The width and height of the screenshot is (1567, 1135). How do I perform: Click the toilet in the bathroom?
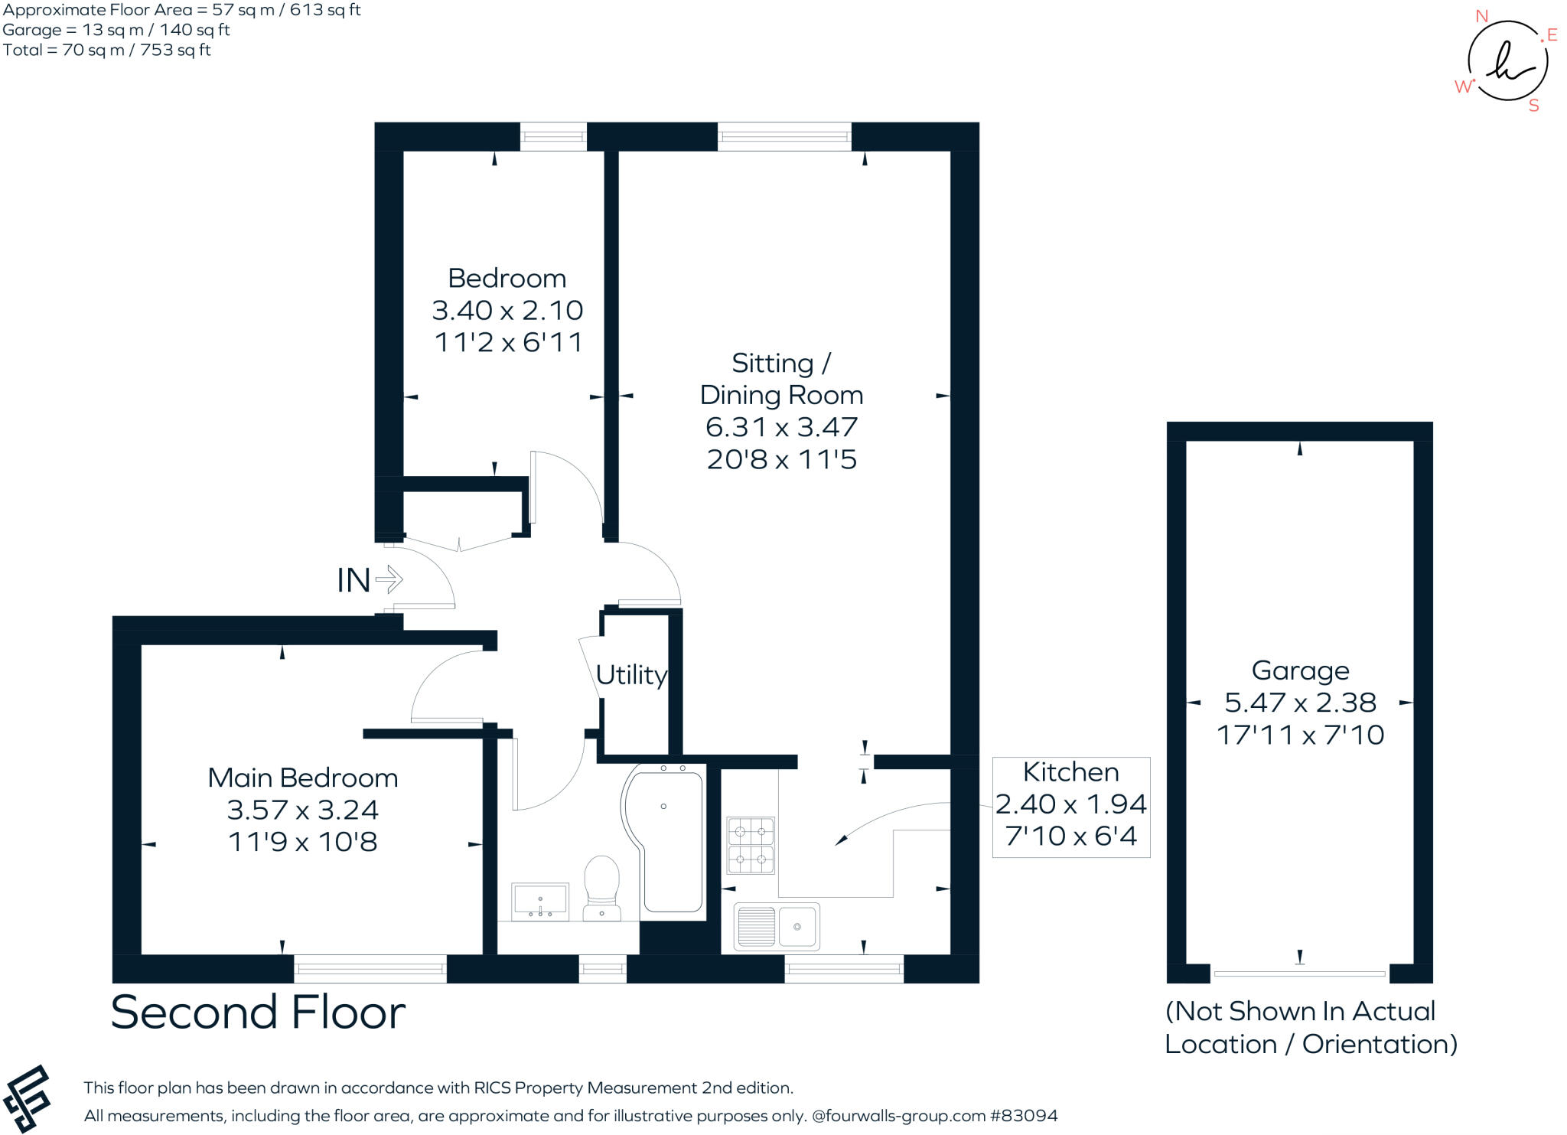click(601, 886)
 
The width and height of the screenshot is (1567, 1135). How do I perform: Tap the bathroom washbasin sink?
click(540, 902)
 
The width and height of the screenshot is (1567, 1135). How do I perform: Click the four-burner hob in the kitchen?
click(751, 846)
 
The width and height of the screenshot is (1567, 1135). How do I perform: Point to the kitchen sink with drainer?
click(777, 926)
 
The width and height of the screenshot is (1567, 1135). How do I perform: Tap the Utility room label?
click(631, 675)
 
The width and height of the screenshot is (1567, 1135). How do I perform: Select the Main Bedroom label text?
click(303, 778)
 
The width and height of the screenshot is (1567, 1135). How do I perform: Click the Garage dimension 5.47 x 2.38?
click(1300, 702)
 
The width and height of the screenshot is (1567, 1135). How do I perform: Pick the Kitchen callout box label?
click(1070, 772)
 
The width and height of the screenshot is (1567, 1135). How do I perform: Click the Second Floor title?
click(258, 1012)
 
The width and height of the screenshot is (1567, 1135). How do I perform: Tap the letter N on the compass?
click(1481, 16)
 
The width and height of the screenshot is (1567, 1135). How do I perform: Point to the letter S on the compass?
click(1533, 106)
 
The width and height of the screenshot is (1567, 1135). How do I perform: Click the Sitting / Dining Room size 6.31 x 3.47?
click(781, 426)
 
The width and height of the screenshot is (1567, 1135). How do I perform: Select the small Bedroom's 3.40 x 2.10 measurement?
click(507, 310)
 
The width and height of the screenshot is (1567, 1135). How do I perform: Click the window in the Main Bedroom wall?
click(370, 969)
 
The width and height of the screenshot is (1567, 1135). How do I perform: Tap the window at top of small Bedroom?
click(553, 137)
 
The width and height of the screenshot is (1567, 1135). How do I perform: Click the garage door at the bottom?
click(1299, 974)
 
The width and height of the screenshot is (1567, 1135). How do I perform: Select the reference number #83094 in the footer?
click(1024, 1116)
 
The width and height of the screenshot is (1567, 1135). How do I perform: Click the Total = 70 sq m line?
click(107, 50)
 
